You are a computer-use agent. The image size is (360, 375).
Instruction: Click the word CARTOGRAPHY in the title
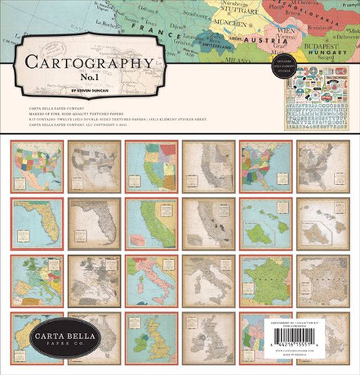[87, 62]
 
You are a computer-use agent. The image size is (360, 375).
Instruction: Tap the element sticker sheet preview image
[316, 97]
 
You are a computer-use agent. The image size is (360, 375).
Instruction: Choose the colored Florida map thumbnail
[37, 224]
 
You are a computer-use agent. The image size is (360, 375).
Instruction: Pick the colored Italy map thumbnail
[151, 281]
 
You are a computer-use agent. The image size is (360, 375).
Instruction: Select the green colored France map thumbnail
[266, 281]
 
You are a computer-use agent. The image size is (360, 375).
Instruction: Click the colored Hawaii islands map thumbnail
[266, 224]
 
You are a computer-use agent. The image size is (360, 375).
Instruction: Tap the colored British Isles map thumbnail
[151, 337]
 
